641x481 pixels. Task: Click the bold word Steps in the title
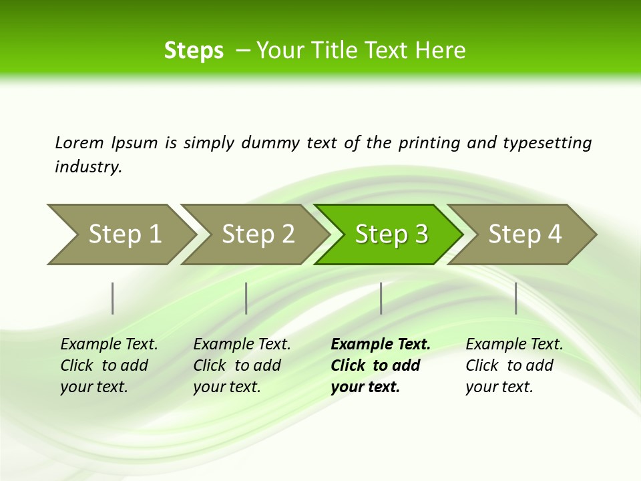pos(194,51)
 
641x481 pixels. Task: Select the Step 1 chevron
pos(121,234)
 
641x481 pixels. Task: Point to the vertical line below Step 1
pos(113,298)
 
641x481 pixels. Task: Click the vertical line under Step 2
pos(246,298)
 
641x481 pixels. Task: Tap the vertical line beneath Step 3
pos(381,298)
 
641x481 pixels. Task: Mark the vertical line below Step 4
pos(516,298)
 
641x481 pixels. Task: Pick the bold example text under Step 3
pos(380,365)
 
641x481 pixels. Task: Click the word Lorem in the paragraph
pos(79,142)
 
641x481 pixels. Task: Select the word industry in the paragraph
pos(88,167)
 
